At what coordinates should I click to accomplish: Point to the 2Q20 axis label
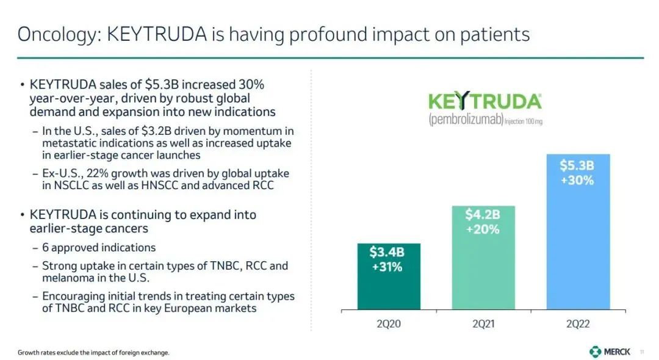coord(389,323)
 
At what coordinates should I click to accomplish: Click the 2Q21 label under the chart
coord(483,323)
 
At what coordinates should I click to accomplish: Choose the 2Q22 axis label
coord(577,323)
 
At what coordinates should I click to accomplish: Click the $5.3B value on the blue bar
coord(577,165)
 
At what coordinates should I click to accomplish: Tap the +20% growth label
coord(483,229)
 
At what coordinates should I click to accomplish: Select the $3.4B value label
coord(387,252)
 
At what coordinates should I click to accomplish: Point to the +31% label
coord(387,267)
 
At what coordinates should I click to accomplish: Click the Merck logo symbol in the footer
coord(595,351)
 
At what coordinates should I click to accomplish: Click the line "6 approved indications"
coord(99,248)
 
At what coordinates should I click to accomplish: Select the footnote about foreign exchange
coord(93,353)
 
